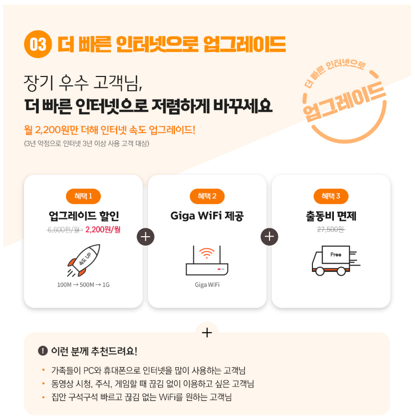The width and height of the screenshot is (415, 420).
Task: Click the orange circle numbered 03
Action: click(38, 44)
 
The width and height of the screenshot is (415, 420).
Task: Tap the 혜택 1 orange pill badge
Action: click(83, 196)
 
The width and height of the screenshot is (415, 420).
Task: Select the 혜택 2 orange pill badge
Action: click(207, 196)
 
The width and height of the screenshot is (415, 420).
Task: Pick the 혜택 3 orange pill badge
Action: click(331, 196)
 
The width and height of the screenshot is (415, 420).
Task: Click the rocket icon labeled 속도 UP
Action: click(84, 260)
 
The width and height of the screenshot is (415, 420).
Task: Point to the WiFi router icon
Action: click(207, 260)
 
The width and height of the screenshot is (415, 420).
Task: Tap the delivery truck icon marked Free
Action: click(336, 260)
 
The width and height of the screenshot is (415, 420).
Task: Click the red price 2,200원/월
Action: click(103, 229)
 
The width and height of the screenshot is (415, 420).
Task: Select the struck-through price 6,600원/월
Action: click(64, 230)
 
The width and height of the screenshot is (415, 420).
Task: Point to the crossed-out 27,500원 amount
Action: click(331, 229)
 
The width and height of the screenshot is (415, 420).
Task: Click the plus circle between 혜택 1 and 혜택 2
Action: click(145, 237)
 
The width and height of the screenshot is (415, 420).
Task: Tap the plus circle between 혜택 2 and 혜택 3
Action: click(269, 237)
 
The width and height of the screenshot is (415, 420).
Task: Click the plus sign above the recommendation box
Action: click(207, 333)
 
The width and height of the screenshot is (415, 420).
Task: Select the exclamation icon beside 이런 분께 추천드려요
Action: click(43, 351)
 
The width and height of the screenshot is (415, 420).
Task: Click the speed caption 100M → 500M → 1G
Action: click(83, 285)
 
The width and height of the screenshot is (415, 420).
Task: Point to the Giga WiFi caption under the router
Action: click(207, 285)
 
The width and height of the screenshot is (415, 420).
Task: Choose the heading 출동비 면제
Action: click(331, 216)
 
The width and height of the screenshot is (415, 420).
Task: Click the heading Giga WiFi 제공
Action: click(207, 216)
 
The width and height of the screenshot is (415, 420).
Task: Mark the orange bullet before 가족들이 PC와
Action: click(43, 370)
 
